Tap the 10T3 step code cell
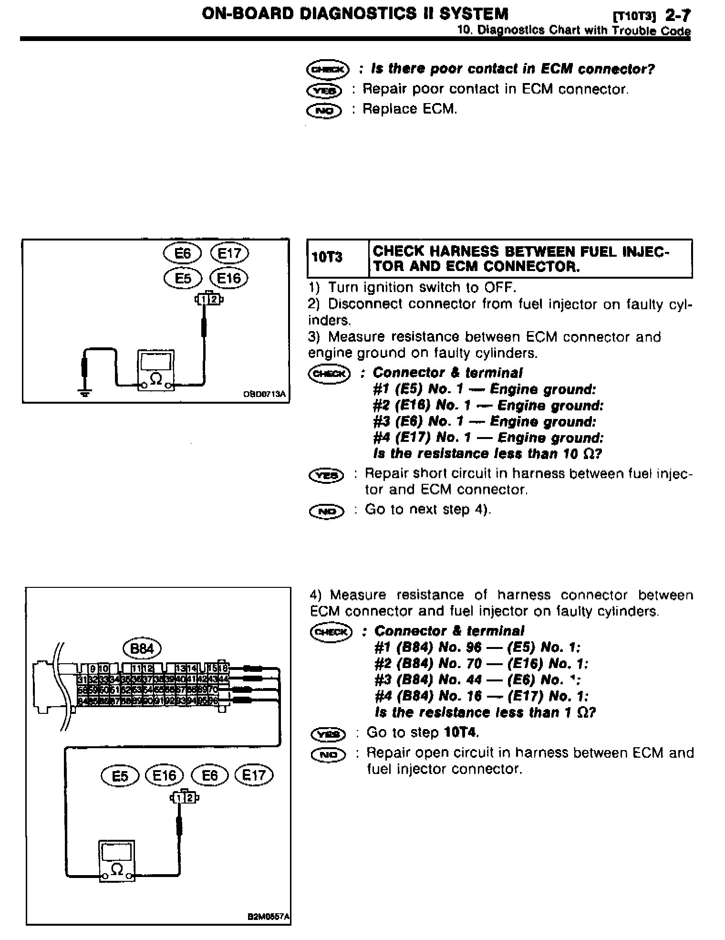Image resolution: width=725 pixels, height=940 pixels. [327, 258]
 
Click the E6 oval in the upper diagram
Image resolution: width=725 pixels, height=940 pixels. [183, 253]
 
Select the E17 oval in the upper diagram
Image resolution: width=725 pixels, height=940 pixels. [229, 253]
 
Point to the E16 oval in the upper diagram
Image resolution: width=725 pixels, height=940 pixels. [229, 278]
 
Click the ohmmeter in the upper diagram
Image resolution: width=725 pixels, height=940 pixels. [156, 371]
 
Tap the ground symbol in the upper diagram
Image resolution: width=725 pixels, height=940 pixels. [85, 393]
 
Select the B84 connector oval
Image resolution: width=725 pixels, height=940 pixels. [142, 649]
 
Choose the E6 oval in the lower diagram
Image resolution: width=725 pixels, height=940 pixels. [210, 775]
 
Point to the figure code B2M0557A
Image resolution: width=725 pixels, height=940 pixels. [268, 917]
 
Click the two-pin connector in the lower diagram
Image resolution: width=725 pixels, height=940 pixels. [184, 797]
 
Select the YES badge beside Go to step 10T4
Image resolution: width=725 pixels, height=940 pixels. [327, 733]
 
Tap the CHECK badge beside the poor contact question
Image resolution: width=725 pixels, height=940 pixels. [327, 70]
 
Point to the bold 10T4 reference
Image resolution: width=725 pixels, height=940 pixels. [461, 732]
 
